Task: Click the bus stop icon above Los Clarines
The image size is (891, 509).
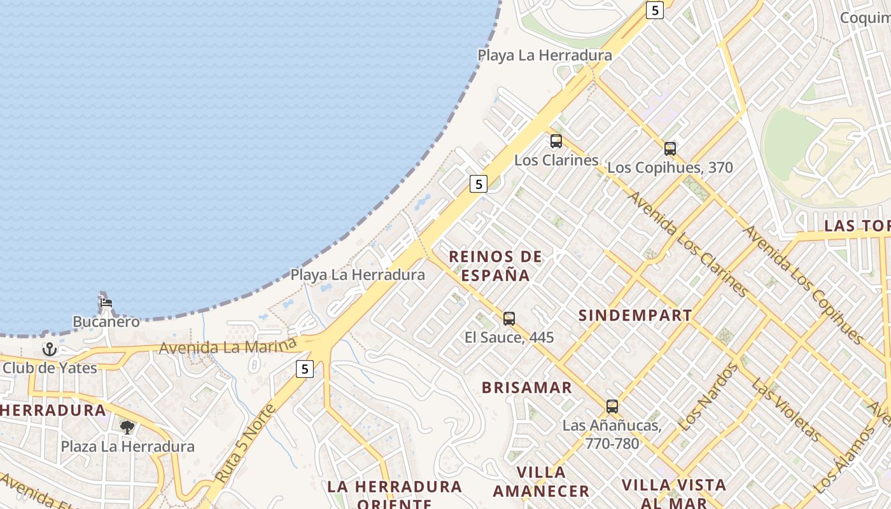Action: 556,141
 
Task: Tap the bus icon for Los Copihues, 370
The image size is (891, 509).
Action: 670,149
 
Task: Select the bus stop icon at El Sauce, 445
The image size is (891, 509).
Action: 509,319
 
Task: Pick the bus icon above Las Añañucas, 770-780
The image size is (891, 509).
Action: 612,406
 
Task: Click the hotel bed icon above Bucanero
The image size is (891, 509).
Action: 106,302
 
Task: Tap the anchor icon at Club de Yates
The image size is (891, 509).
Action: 49,349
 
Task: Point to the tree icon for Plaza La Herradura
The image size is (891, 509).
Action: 127,427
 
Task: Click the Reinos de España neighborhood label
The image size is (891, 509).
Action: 495,266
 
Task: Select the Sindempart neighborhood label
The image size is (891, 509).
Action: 635,316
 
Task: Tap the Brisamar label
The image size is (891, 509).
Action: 527,387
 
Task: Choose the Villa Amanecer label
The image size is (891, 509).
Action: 541,482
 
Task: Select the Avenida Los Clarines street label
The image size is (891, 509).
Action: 687,244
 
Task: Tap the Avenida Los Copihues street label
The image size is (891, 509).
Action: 803,284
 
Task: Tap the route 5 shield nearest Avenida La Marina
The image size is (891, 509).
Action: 305,368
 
